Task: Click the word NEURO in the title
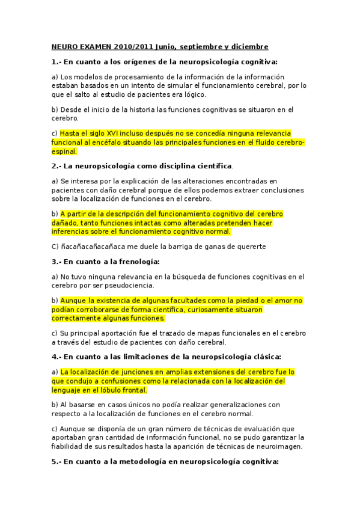[x=64, y=46]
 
